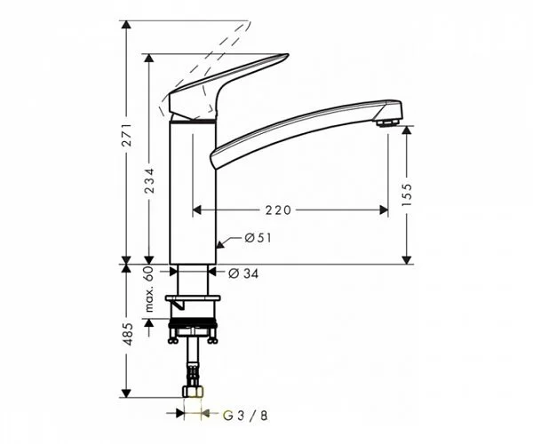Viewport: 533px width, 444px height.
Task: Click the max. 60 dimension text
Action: click(150, 290)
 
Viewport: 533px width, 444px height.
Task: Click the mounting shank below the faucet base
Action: click(193, 284)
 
